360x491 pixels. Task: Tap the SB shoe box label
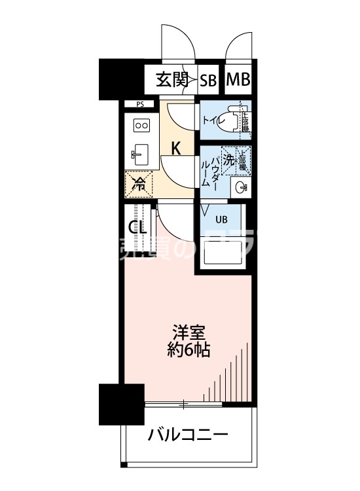(208, 81)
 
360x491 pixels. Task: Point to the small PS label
(140, 104)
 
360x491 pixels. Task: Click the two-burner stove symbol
(141, 124)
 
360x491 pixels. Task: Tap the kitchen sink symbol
(140, 155)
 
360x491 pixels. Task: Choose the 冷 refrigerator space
(139, 184)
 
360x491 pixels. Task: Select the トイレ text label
(210, 120)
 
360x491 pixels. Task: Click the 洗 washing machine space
(229, 159)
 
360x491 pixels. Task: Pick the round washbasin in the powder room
(241, 189)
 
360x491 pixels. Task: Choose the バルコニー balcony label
(187, 435)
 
